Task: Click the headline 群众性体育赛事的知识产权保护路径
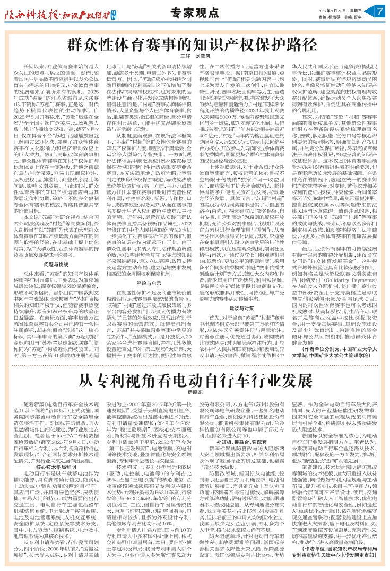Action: pyautogui.click(x=195, y=44)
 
